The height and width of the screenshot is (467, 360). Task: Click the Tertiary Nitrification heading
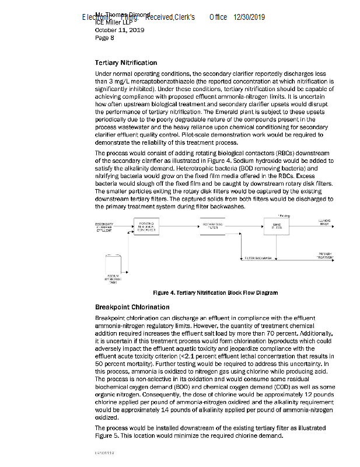pos(125,62)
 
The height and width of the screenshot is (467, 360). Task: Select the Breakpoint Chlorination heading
pos(127,307)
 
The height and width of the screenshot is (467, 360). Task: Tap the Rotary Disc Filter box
pos(212,226)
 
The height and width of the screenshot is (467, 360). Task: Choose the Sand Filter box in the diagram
pos(276,226)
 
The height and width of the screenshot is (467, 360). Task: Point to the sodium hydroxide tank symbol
pos(113,263)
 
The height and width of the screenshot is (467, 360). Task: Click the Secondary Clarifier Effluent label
pos(104,226)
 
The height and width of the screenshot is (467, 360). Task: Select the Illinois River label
pos(324,222)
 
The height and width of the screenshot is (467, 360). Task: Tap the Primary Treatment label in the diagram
pos(325,255)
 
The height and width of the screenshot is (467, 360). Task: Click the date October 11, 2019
pos(119,30)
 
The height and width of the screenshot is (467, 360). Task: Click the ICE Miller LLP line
pos(116,23)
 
